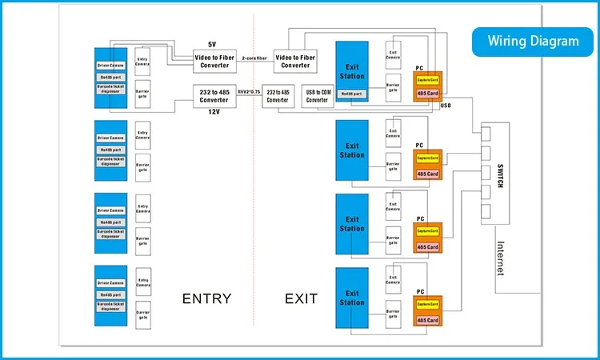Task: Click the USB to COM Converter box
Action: [318, 95]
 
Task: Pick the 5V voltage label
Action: [212, 43]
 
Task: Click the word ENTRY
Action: [206, 299]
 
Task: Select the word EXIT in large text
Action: [301, 299]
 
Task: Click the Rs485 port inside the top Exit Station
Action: [351, 94]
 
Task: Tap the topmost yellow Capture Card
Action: [427, 80]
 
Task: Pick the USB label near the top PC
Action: [446, 105]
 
